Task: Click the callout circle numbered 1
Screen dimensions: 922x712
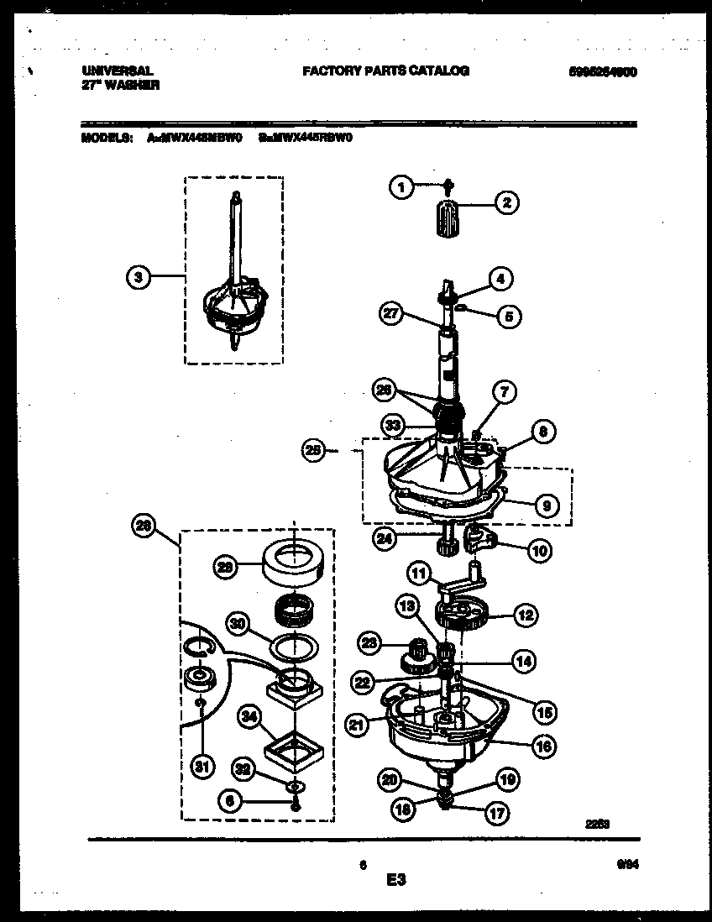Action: tap(402, 188)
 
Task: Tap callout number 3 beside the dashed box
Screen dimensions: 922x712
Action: tap(140, 276)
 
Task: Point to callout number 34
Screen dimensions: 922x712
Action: tap(249, 716)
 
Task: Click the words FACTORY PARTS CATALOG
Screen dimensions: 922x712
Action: tap(385, 71)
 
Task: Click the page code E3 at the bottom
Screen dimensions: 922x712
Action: tap(396, 881)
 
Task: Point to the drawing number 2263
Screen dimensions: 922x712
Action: tap(597, 825)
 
